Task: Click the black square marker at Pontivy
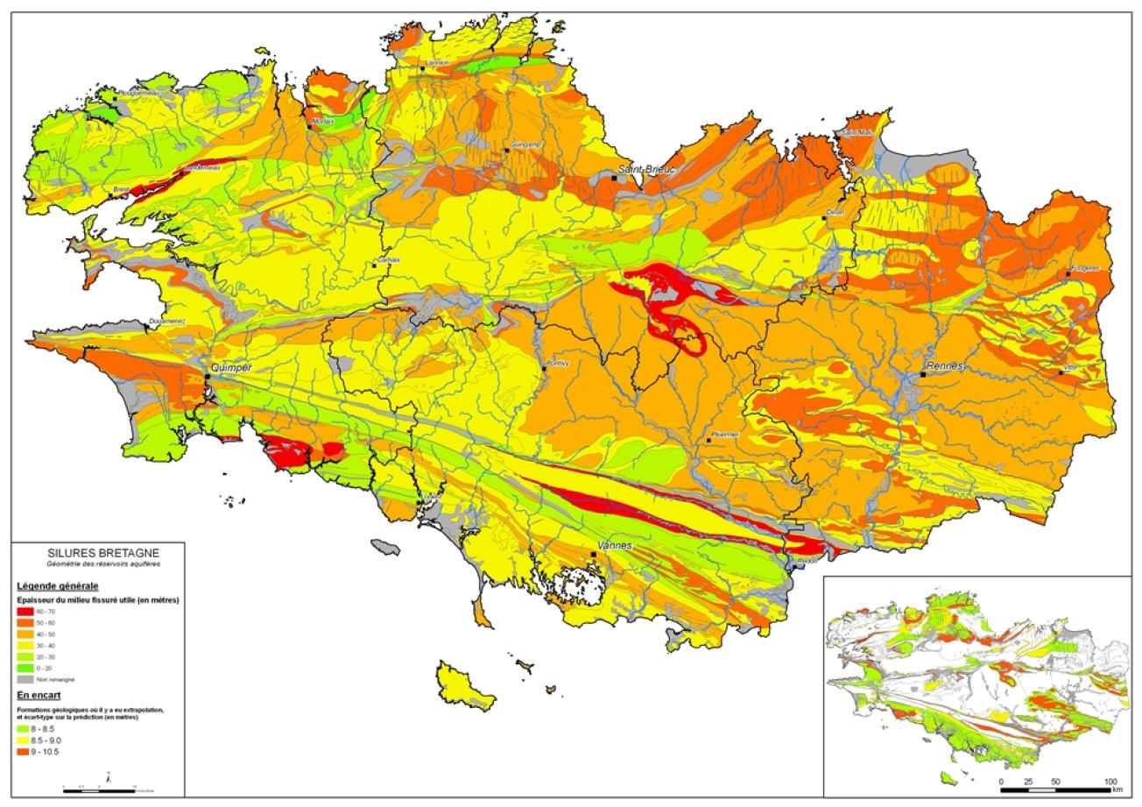(x=544, y=369)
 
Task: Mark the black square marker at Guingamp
(x=506, y=151)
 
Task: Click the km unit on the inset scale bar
(x=1118, y=789)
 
